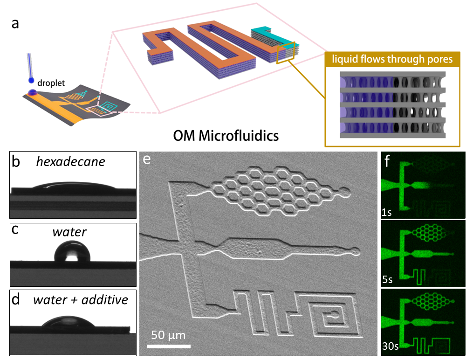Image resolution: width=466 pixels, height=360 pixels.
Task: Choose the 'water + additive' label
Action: click(80, 300)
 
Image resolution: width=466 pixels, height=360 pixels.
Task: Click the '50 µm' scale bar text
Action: click(168, 335)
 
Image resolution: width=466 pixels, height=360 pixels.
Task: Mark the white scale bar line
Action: click(169, 346)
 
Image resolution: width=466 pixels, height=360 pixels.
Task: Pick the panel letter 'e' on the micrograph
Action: click(147, 160)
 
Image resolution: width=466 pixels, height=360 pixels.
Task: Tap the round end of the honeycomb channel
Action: click(345, 191)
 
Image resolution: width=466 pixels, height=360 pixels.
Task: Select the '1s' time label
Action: click(386, 213)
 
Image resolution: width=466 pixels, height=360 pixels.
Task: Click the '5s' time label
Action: click(387, 280)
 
